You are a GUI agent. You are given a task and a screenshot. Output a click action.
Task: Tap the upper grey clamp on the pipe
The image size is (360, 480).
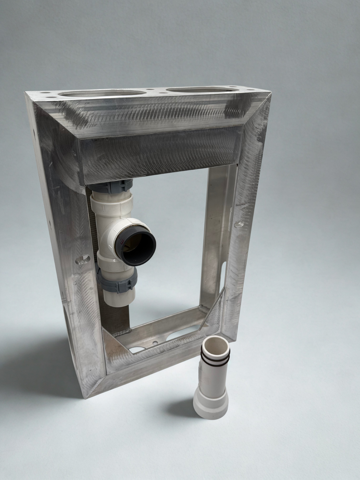click(x=111, y=187)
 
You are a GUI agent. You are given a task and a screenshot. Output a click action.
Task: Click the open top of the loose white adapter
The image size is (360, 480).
click(x=215, y=345)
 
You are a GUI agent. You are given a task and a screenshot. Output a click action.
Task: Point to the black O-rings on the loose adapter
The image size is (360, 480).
click(x=215, y=359)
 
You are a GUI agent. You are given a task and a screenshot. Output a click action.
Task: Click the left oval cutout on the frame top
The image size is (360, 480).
click(x=102, y=93)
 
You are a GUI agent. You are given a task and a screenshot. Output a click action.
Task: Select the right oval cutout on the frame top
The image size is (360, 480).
click(x=202, y=89)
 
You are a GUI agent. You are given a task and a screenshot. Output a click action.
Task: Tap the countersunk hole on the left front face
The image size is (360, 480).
click(x=82, y=259)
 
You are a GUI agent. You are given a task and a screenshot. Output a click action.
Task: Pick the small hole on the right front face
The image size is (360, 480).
click(x=239, y=225)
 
